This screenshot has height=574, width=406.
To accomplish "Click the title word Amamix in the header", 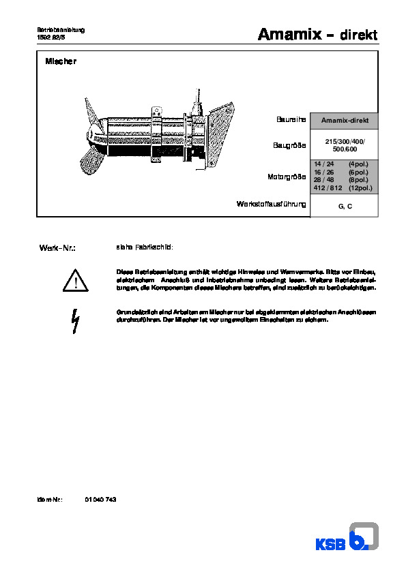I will point(287,34).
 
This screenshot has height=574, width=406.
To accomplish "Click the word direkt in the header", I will point(358,35).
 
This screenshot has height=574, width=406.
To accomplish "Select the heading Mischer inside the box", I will point(61,62).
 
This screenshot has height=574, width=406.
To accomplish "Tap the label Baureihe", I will point(291,120).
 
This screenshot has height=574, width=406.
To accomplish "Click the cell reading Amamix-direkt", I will point(345,121).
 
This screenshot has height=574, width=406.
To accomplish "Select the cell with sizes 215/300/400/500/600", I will point(345,145).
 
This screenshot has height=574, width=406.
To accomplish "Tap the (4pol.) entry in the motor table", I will point(359,164).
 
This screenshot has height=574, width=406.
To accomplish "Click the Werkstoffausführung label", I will point(272,204).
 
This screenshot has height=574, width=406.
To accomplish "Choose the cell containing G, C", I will point(345,205).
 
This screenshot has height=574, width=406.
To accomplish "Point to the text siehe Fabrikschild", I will point(145,247).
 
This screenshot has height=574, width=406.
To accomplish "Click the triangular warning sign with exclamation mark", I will point(76,280).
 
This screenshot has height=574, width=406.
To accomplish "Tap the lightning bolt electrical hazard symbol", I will point(76,320).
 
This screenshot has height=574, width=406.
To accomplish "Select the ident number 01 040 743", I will point(101,500).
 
